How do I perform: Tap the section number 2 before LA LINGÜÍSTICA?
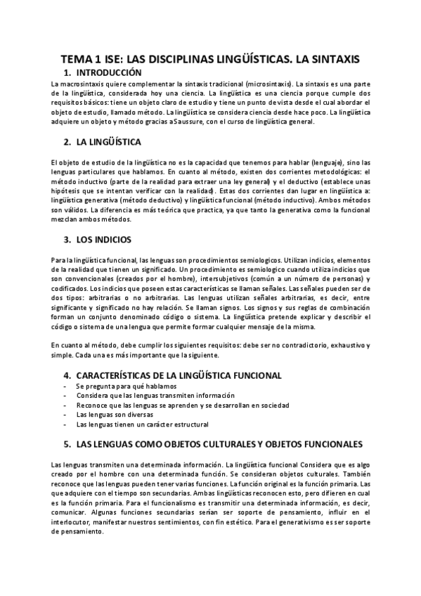66,142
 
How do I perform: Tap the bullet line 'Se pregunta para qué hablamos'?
126,387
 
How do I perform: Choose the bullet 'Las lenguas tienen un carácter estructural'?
142,425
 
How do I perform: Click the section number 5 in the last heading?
66,444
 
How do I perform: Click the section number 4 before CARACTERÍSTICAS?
66,375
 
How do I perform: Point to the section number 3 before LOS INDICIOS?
66,238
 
